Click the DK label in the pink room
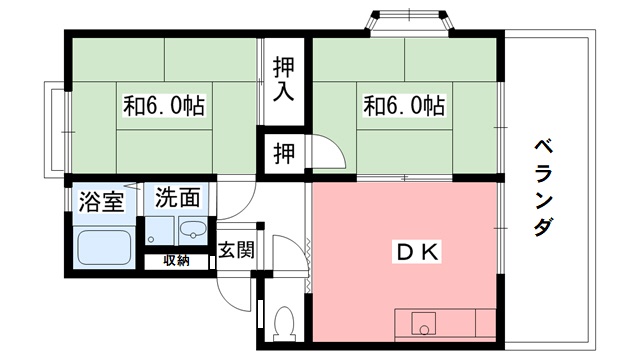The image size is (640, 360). coord(411,252)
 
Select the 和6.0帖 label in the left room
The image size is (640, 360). coord(164,104)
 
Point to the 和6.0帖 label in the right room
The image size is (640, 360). coord(403,104)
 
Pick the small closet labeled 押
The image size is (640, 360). coord(285,154)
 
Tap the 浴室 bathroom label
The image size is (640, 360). coord(101,199)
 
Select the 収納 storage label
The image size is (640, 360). coord(176,261)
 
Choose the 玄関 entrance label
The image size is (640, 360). coord(236,249)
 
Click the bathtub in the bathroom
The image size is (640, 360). coord(105,247)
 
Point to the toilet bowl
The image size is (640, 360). coord(283,323)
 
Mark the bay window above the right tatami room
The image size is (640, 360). coord(407,19)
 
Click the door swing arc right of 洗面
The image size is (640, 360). coord(230,203)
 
